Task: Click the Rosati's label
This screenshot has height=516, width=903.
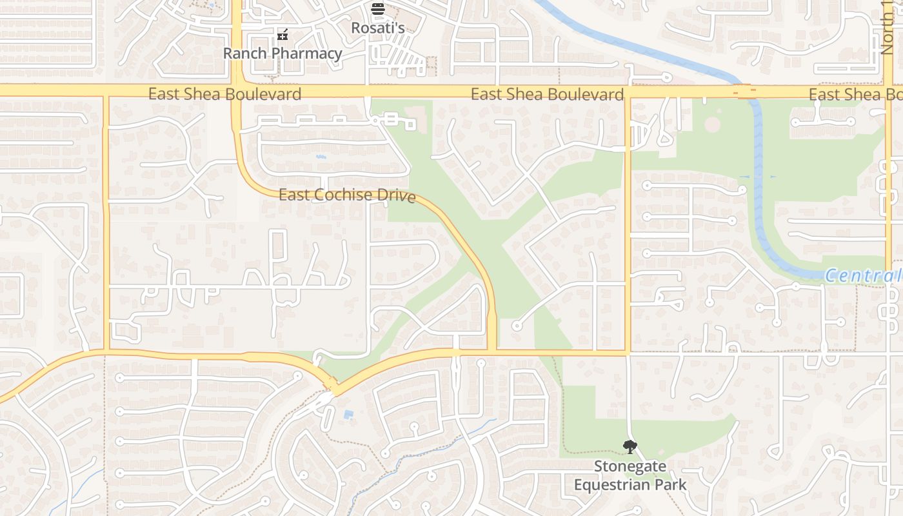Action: [377, 28]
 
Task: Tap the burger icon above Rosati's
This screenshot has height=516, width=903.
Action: [377, 9]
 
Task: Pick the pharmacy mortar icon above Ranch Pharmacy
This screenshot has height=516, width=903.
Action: [282, 35]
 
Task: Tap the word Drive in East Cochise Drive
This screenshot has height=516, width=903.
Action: [396, 196]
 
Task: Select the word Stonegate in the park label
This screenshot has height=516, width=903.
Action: [630, 466]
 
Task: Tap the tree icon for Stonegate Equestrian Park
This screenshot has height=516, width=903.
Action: [630, 446]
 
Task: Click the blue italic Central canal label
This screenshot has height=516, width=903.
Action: [863, 276]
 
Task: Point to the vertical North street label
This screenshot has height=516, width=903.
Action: [888, 29]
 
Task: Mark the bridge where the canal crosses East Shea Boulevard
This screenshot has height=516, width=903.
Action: [745, 92]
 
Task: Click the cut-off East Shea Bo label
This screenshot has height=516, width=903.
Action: [855, 95]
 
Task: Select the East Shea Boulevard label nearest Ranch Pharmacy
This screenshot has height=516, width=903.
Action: [224, 94]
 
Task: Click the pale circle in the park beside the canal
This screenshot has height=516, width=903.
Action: [711, 124]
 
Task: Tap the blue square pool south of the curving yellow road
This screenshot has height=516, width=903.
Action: [348, 414]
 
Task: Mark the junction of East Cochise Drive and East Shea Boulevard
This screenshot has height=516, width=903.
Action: [236, 91]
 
